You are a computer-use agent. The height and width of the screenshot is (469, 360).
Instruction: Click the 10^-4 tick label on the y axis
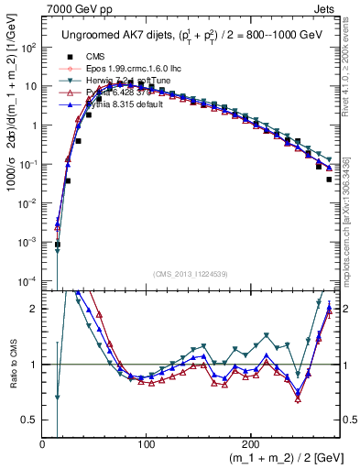coord(28,280)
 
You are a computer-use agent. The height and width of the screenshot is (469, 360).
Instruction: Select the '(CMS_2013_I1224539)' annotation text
coord(190,273)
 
